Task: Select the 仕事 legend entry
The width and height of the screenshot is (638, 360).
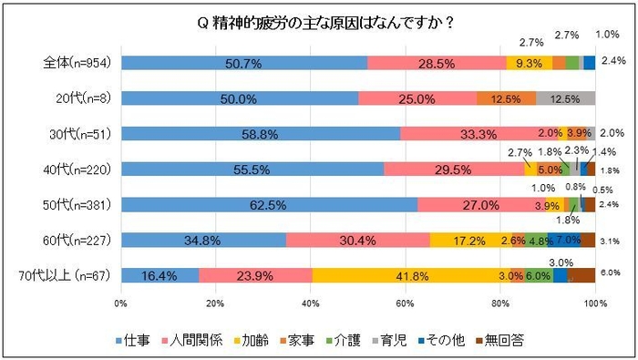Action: click(137, 341)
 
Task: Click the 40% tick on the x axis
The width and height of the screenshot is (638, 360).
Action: click(310, 302)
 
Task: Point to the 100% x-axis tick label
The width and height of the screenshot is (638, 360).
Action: click(594, 302)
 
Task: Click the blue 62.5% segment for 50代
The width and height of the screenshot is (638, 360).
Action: click(269, 204)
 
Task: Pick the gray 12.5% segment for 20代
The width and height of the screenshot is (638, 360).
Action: click(565, 98)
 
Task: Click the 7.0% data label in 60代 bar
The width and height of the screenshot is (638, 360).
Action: click(568, 240)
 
